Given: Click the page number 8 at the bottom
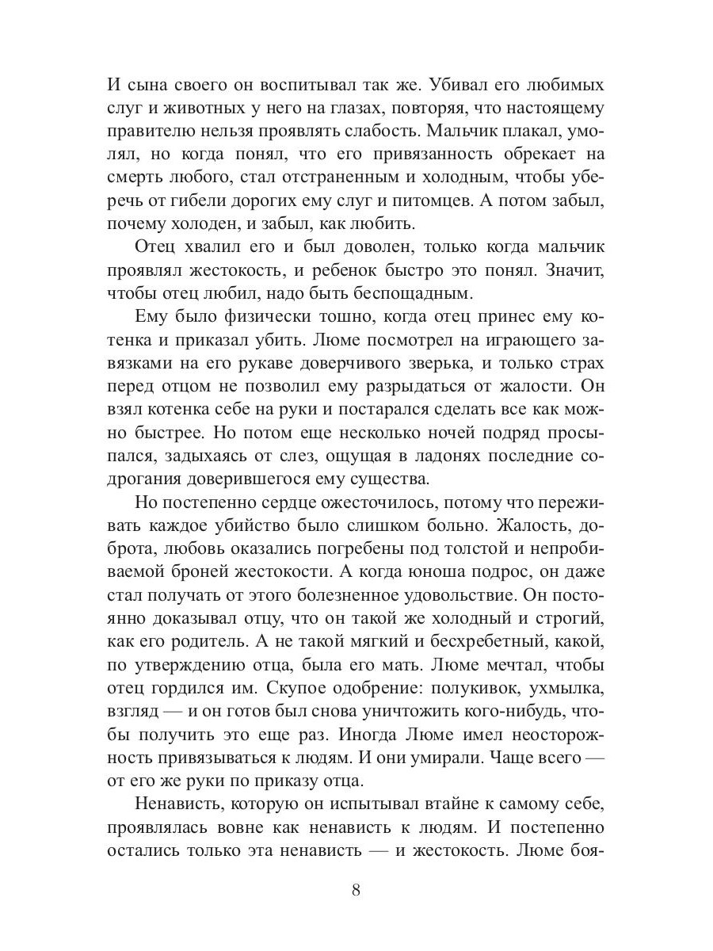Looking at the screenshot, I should (x=356, y=890).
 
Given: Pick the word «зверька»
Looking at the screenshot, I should (x=445, y=365).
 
